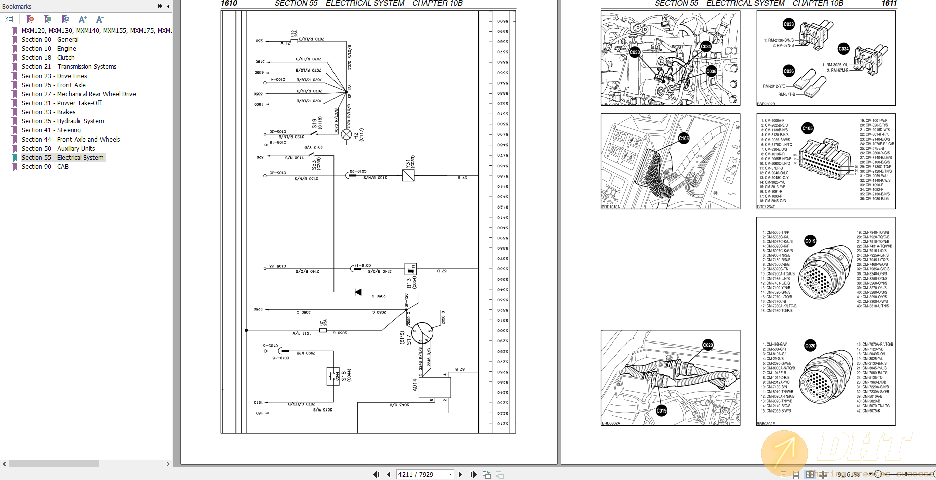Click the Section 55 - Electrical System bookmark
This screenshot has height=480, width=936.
[62, 158]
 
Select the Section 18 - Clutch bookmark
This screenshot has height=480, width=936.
[48, 58]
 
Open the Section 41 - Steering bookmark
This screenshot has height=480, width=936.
[51, 130]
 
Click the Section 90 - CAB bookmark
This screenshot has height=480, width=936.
[45, 167]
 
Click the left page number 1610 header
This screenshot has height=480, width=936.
[229, 4]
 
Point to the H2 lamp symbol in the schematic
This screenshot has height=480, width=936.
[346, 134]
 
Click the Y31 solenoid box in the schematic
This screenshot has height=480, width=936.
[408, 175]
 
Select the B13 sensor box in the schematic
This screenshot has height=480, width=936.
[411, 269]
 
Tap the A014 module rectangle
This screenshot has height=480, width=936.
[434, 387]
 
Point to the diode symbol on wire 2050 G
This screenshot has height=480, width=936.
[358, 292]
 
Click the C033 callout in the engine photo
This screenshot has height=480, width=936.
[635, 52]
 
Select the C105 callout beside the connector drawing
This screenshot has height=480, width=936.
[807, 128]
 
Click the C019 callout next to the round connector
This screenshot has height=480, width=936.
[810, 241]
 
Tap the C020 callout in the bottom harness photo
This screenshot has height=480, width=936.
[708, 345]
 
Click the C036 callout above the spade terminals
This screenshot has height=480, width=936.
[789, 71]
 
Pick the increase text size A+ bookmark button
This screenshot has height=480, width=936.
[83, 19]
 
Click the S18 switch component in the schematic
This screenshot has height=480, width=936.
[333, 376]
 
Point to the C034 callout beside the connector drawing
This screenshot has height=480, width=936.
[844, 49]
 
